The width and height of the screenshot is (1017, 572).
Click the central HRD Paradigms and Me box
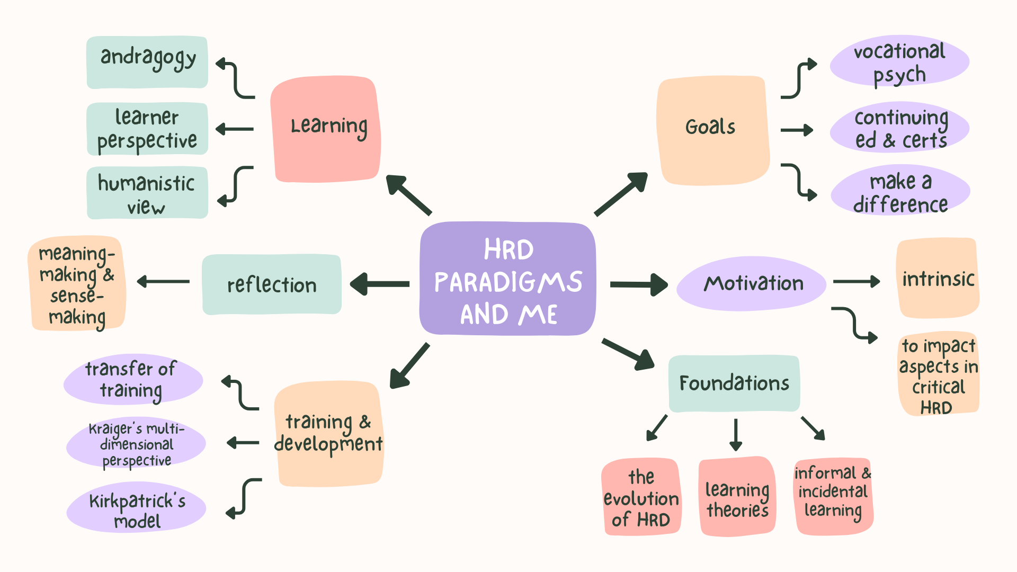click(x=507, y=279)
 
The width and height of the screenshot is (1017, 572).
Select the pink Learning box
click(x=326, y=129)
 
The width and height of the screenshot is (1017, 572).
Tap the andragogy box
click(x=147, y=62)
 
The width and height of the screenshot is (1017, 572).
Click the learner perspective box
click(x=147, y=129)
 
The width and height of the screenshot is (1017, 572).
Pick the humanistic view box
click(x=147, y=193)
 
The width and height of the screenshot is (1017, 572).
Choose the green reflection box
click(x=272, y=284)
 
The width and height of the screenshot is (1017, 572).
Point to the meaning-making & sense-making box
click(x=77, y=284)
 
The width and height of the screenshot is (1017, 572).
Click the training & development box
click(x=328, y=433)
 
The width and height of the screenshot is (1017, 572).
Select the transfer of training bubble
click(x=133, y=380)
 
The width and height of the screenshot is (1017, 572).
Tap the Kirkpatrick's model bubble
click(x=136, y=507)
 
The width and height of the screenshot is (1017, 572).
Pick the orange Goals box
click(x=712, y=130)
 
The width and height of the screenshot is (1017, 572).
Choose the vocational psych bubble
click(x=899, y=61)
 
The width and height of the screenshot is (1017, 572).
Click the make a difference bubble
click(x=900, y=191)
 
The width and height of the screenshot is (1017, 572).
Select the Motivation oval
click(x=752, y=283)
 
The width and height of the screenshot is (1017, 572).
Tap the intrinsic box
click(x=938, y=278)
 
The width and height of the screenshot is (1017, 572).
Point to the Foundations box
click(x=734, y=383)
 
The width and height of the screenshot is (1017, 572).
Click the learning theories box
click(x=737, y=497)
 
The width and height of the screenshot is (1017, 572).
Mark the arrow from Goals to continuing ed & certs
click(x=797, y=130)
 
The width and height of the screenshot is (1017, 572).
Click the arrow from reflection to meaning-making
click(x=163, y=281)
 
